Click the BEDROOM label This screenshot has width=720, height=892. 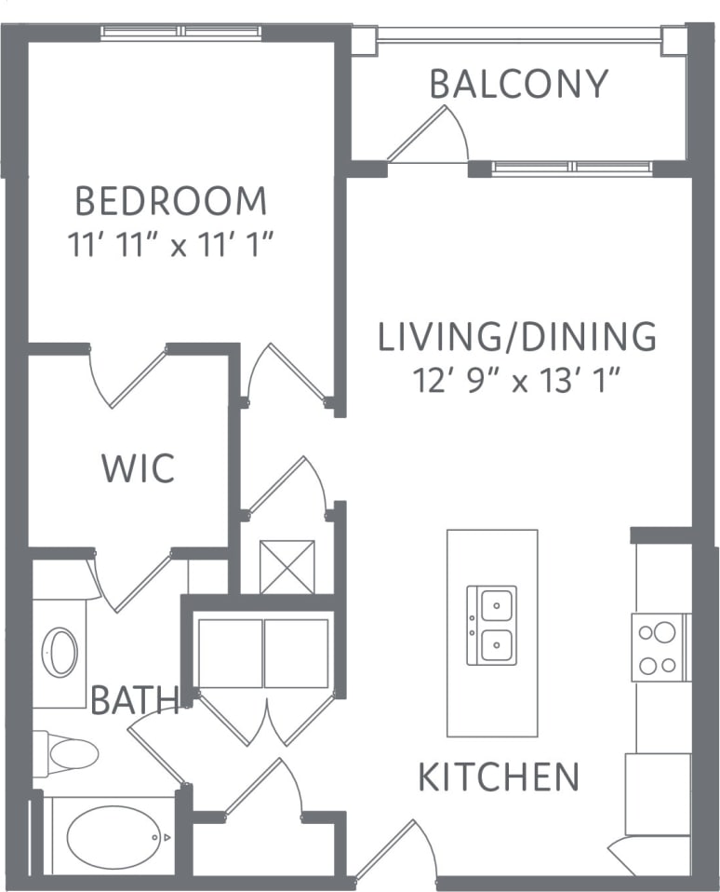[x=170, y=201]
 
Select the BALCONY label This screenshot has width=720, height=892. [x=518, y=84]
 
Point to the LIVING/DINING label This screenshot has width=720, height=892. [x=517, y=336]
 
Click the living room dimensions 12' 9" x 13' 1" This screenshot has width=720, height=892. [x=516, y=380]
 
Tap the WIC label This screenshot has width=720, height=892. [x=138, y=468]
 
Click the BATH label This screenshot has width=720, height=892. [x=134, y=699]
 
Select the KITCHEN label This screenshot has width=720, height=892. [x=499, y=777]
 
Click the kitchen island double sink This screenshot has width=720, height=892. [x=491, y=625]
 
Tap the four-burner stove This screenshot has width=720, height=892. [x=660, y=647]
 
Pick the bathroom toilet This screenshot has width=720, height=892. [x=67, y=753]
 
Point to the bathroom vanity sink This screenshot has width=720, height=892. [x=62, y=653]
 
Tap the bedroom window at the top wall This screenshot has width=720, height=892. [x=182, y=32]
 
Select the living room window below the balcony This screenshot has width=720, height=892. [x=571, y=168]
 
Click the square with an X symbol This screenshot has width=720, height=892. [x=287, y=567]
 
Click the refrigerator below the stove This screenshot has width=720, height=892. [x=657, y=794]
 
